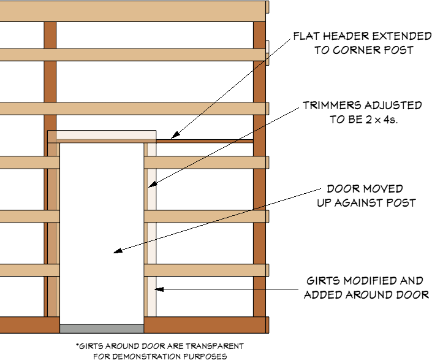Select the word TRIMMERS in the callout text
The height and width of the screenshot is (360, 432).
tap(328, 105)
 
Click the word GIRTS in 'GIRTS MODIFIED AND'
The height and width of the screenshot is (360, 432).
tap(323, 281)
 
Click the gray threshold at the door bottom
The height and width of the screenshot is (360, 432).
tap(102, 329)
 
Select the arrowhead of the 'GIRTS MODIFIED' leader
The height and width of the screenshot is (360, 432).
tap(159, 288)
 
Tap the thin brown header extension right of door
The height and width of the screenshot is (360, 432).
tap(205, 141)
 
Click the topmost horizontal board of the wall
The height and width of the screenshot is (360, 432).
tap(134, 11)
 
